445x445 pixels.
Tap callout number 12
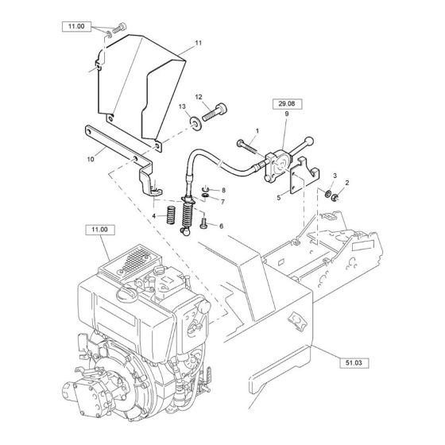(199, 96)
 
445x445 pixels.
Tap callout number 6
(222, 226)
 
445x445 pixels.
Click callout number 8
(223, 190)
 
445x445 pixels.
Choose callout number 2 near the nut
(346, 182)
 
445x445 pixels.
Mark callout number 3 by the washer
(334, 175)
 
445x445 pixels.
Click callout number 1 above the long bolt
(257, 130)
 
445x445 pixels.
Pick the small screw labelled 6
(204, 225)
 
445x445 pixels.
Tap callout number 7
(223, 202)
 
